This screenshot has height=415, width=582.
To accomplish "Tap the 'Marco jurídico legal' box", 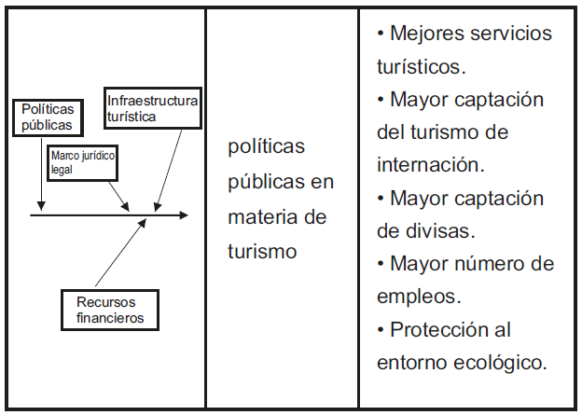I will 83,162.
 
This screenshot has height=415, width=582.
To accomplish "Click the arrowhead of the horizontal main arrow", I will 183,215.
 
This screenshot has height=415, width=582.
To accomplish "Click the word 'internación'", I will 430,165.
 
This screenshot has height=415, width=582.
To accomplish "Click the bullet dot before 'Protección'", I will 381,329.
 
